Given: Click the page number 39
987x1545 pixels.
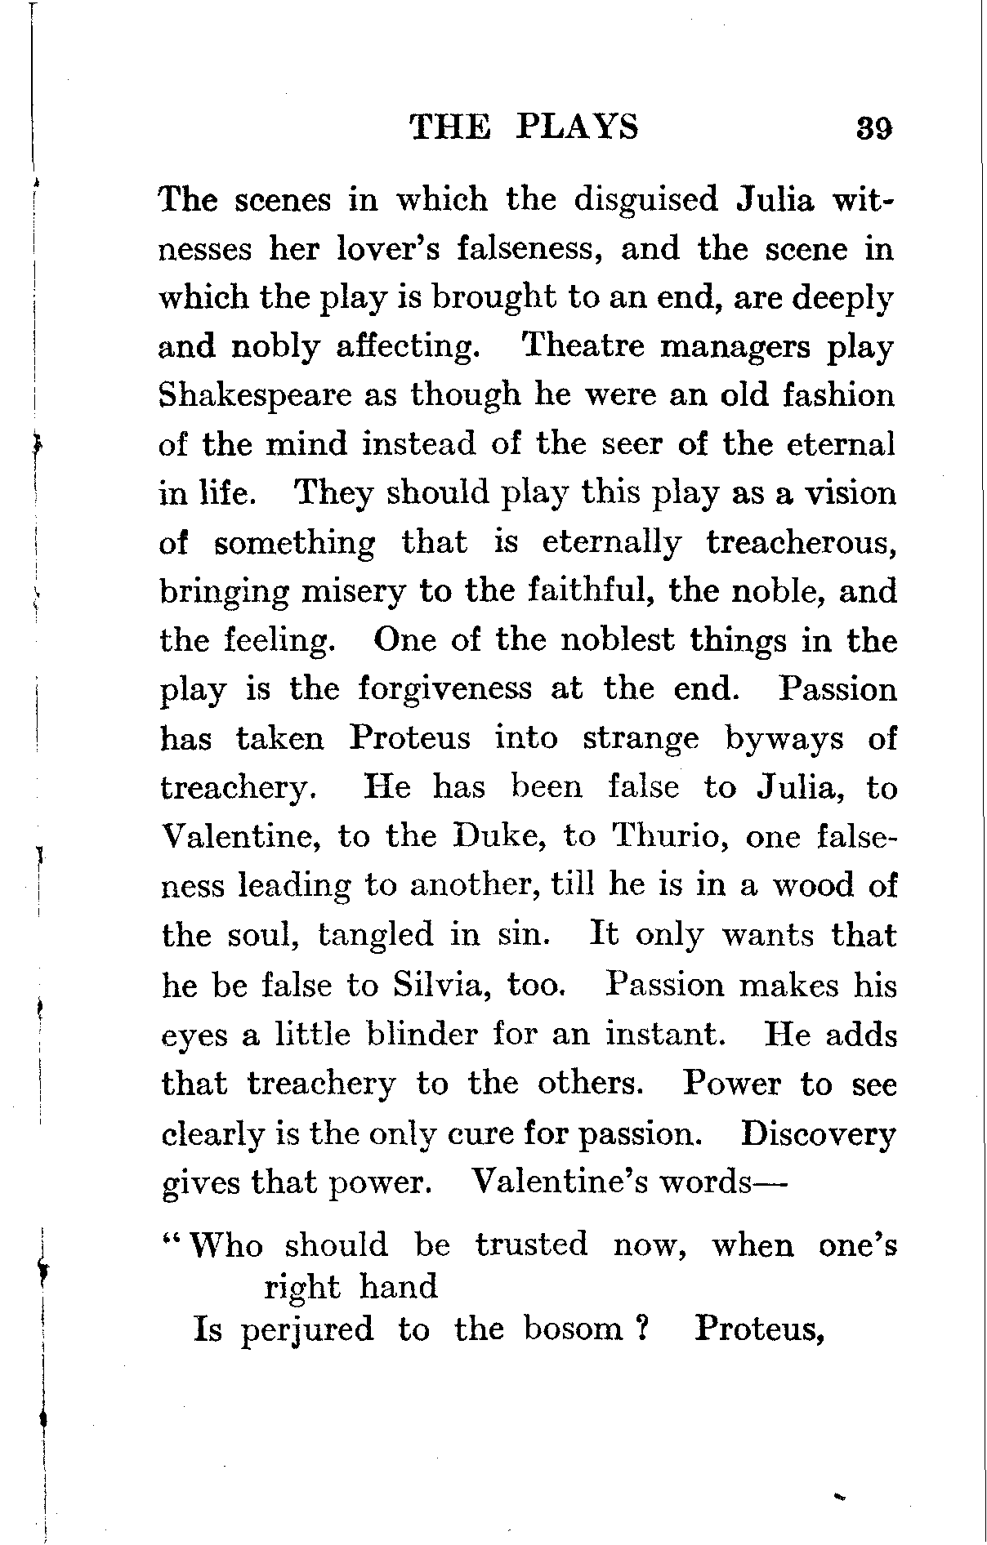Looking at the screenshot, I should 873,129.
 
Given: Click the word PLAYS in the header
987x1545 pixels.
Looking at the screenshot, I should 577,127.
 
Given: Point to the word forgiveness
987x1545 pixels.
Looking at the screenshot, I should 445,689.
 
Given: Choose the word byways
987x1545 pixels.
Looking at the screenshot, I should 784,740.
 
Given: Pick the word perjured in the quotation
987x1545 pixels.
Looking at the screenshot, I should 307,1329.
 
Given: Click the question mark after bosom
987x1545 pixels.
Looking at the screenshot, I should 642,1329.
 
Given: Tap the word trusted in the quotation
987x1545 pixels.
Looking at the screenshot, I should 532,1244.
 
